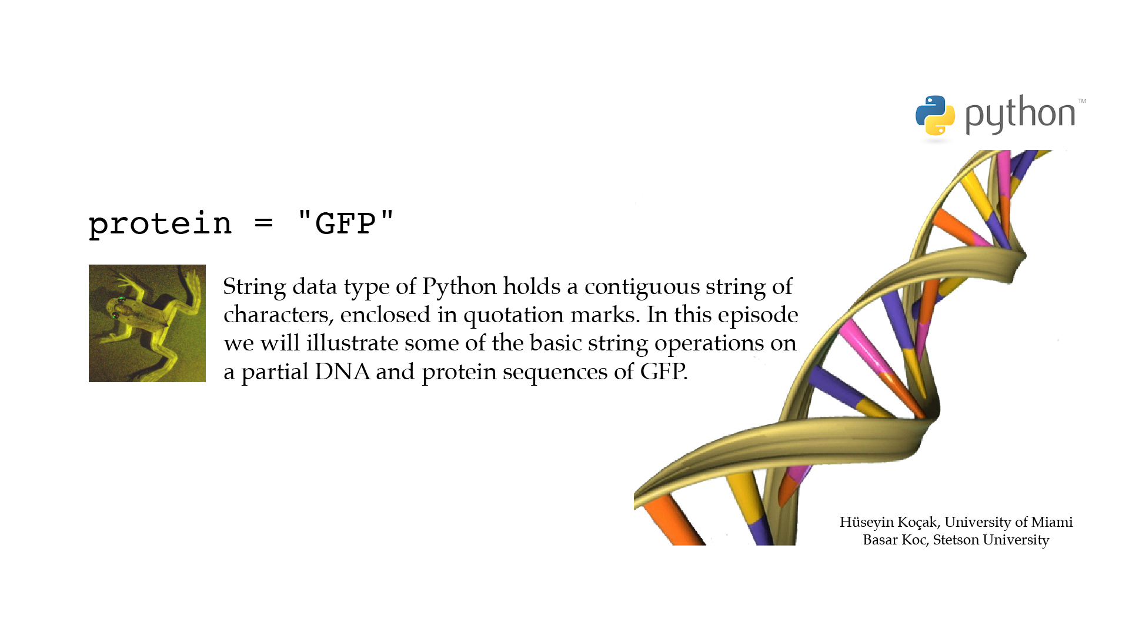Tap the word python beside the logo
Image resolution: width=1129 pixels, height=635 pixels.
pyautogui.click(x=1020, y=115)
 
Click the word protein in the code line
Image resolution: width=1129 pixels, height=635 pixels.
pyautogui.click(x=160, y=223)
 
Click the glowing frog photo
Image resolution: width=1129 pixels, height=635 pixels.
pyautogui.click(x=147, y=323)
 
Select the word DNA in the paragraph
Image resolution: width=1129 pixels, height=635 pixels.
pyautogui.click(x=342, y=372)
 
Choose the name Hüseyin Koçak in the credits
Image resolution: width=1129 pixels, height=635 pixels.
pyautogui.click(x=890, y=522)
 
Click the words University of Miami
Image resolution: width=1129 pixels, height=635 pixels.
pyautogui.click(x=1008, y=522)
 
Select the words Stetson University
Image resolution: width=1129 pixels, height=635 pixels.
pyautogui.click(x=991, y=540)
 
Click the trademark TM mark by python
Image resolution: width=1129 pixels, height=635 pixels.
pyautogui.click(x=1082, y=101)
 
